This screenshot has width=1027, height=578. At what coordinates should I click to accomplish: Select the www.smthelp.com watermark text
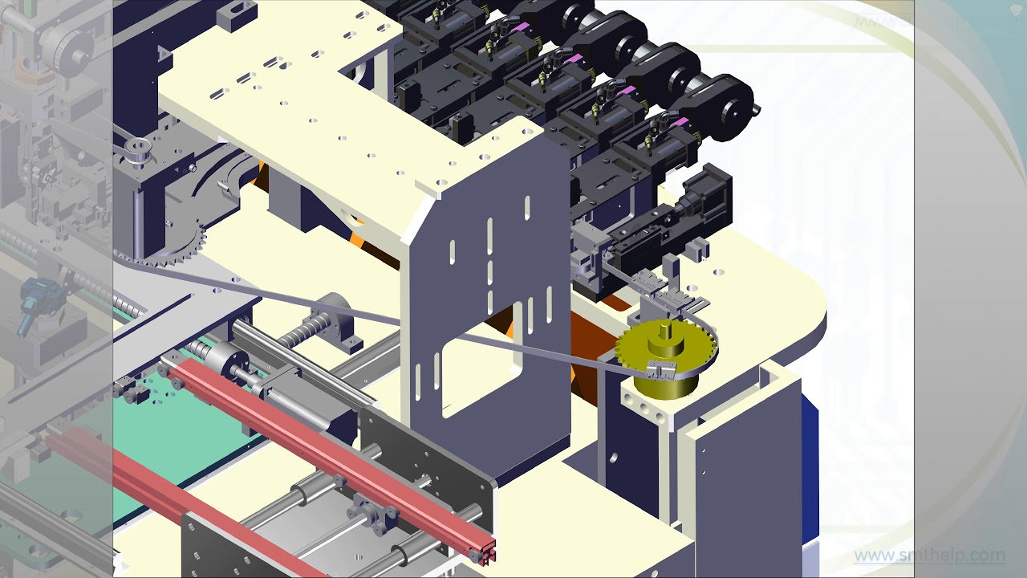tap(929, 555)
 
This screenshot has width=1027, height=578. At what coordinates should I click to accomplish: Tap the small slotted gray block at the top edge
tap(236, 14)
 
